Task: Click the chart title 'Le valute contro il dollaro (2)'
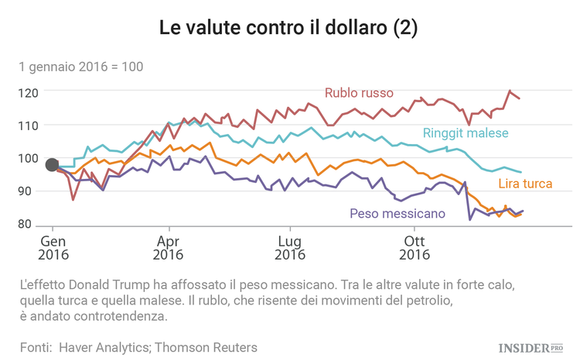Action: pyautogui.click(x=288, y=28)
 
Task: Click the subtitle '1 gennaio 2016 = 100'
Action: pyautogui.click(x=80, y=67)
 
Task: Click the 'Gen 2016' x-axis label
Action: pyautogui.click(x=52, y=247)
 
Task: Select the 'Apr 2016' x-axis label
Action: pyautogui.click(x=168, y=247)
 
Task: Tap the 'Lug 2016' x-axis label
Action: pyautogui.click(x=290, y=247)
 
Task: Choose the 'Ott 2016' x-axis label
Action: pyautogui.click(x=414, y=247)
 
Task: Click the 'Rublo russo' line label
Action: pyautogui.click(x=359, y=93)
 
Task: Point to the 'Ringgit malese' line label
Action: pyautogui.click(x=465, y=132)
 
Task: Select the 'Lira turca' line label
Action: pyautogui.click(x=525, y=184)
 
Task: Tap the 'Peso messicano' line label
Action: pyautogui.click(x=397, y=213)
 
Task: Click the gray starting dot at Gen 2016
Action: pyautogui.click(x=52, y=164)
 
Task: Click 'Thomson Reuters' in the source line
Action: pyautogui.click(x=210, y=347)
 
